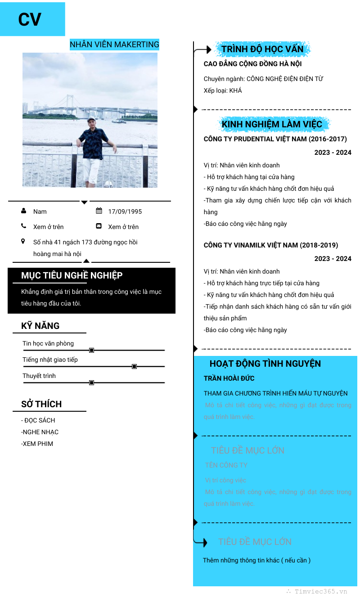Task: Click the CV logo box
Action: [32, 19]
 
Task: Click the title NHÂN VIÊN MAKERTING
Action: [114, 45]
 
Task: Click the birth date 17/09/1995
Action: [125, 211]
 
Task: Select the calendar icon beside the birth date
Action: [99, 211]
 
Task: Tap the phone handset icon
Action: [23, 226]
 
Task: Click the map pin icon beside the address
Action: [23, 242]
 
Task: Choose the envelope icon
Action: [99, 226]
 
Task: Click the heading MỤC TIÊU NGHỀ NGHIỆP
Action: [72, 275]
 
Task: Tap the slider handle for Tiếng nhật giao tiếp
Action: [134, 367]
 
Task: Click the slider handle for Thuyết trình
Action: [91, 382]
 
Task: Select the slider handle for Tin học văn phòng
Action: [91, 350]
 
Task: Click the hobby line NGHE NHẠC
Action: [40, 432]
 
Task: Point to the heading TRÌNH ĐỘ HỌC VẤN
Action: [262, 49]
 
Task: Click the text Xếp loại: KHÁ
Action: [223, 90]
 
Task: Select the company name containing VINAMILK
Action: [271, 245]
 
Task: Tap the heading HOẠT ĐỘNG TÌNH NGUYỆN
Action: [265, 364]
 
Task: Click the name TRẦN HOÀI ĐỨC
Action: [229, 378]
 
